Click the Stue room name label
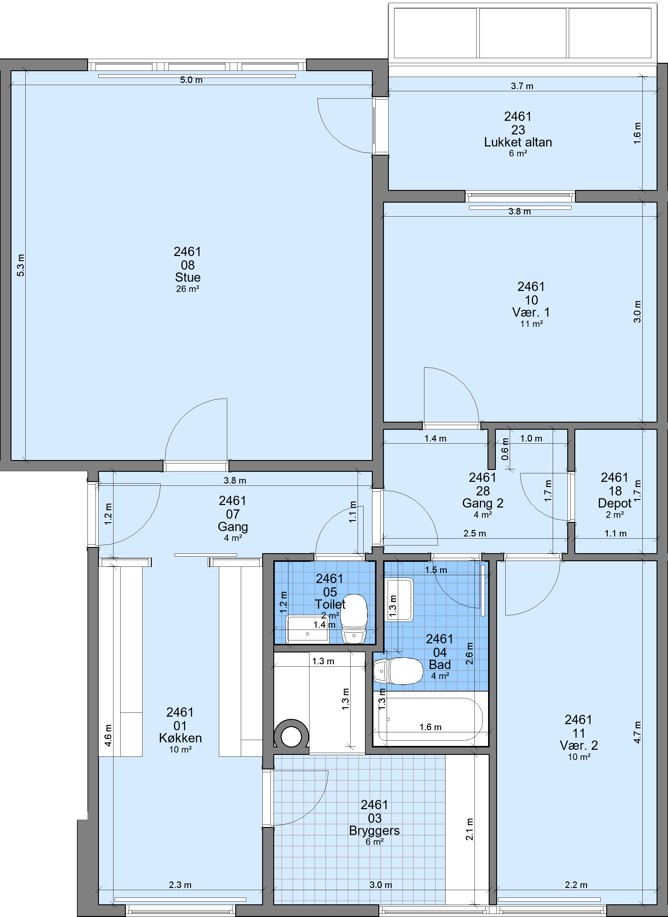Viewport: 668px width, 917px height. pyautogui.click(x=188, y=277)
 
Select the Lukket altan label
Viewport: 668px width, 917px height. pyautogui.click(x=518, y=142)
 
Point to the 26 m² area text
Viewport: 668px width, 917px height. pyautogui.click(x=188, y=289)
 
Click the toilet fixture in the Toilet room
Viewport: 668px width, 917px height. pyautogui.click(x=354, y=618)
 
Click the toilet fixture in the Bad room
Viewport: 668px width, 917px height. pyautogui.click(x=398, y=671)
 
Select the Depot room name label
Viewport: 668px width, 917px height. pyautogui.click(x=615, y=503)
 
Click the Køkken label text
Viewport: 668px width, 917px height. pyautogui.click(x=180, y=738)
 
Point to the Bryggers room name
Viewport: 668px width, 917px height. pyautogui.click(x=374, y=830)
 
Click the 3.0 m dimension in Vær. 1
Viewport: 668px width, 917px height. pyautogui.click(x=637, y=311)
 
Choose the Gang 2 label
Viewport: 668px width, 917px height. pyautogui.click(x=483, y=503)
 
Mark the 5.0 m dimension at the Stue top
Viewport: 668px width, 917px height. pyautogui.click(x=191, y=80)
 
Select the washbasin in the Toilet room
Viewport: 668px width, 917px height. pyautogui.click(x=307, y=629)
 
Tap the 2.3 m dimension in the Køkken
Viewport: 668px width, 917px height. pyautogui.click(x=180, y=885)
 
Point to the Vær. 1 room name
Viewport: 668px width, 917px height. pyautogui.click(x=531, y=312)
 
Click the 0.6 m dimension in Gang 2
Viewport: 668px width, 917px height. pyautogui.click(x=505, y=449)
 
